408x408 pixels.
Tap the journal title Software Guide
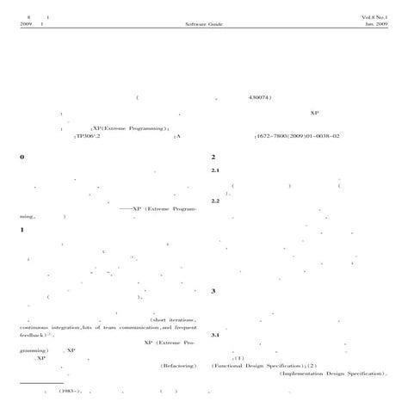click(203, 24)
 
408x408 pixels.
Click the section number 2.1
click(216, 170)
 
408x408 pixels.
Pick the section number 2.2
click(216, 201)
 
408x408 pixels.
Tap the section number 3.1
click(216, 335)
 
